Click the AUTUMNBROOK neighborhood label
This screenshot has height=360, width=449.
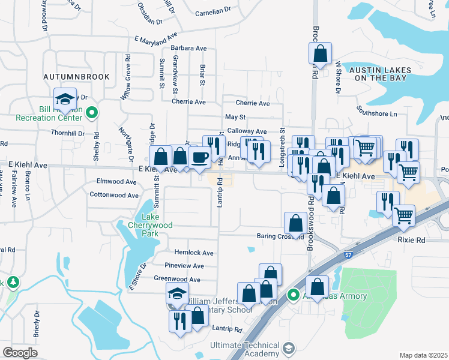coord(76,77)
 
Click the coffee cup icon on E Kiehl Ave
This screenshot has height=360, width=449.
coord(199,157)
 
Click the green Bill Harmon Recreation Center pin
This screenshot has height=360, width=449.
coord(92,112)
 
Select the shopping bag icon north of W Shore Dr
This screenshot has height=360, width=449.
coord(320,53)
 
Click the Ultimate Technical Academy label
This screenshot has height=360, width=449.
coord(245,349)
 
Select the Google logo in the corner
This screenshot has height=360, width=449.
coord(20,353)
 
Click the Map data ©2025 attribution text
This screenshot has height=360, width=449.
coord(423,355)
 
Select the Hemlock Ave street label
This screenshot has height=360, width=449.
coord(194,253)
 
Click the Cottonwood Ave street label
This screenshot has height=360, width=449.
coord(115,195)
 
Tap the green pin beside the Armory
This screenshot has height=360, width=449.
coord(293,295)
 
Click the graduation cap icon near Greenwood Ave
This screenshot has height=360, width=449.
coord(177,293)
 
